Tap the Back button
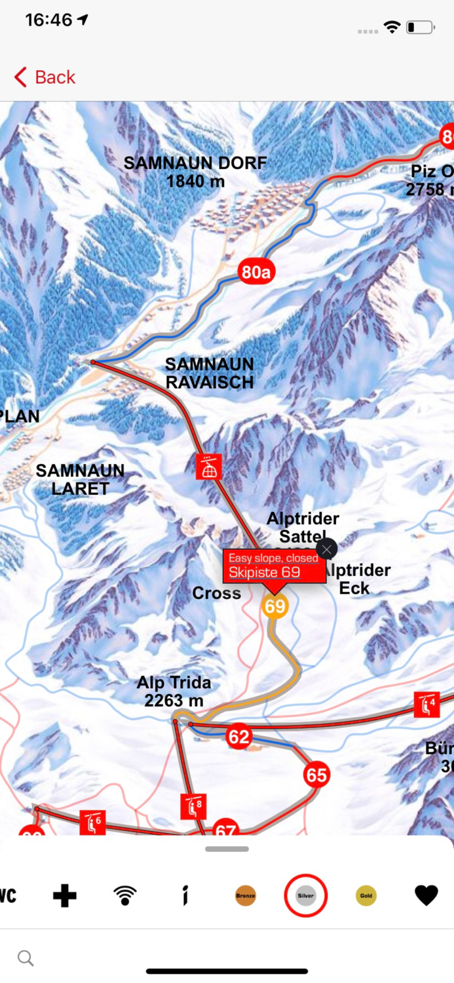[x=45, y=77]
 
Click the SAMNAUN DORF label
[x=195, y=172]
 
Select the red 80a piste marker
[x=255, y=272]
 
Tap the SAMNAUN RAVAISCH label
[x=209, y=373]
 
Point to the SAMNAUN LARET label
[x=80, y=479]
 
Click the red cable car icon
[x=209, y=467]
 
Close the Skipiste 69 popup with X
[x=326, y=549]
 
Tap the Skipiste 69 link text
[x=265, y=572]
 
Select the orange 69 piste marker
[x=275, y=606]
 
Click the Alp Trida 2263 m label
[x=174, y=691]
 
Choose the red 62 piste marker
[x=238, y=737]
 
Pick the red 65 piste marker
[x=316, y=775]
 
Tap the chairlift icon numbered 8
[x=194, y=806]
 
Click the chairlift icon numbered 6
[x=92, y=822]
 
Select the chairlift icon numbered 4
[x=426, y=704]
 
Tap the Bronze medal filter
[x=246, y=896]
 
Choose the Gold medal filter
[x=366, y=896]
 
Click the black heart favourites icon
[x=426, y=896]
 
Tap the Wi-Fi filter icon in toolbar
[x=124, y=896]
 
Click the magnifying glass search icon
[x=26, y=958]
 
